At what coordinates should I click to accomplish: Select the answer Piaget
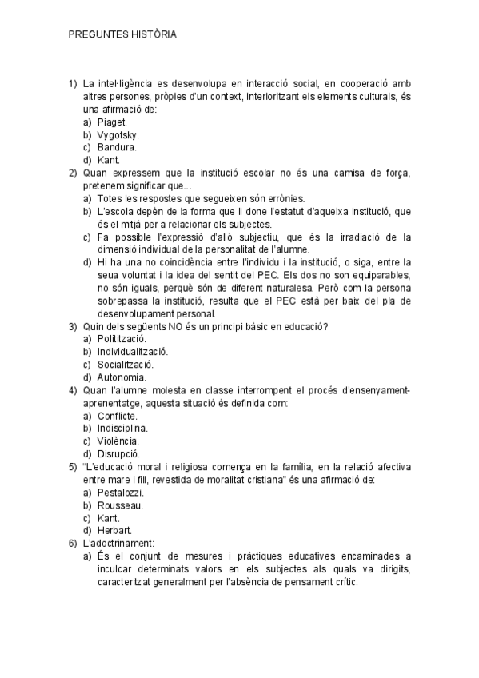click(x=112, y=122)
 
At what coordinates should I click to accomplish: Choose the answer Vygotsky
click(x=118, y=134)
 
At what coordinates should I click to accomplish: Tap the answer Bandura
click(x=116, y=147)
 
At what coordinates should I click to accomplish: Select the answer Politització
click(x=122, y=339)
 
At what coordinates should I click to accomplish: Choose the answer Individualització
click(x=133, y=352)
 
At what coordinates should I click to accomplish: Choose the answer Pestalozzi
click(x=120, y=493)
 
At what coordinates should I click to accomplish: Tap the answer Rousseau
click(x=120, y=505)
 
